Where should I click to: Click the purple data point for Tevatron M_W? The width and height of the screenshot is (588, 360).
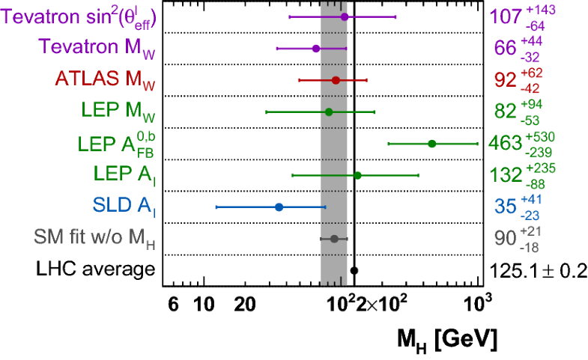(315, 49)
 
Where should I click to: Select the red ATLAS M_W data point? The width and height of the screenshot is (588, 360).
(336, 80)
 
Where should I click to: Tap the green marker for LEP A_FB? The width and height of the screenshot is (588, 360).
(431, 144)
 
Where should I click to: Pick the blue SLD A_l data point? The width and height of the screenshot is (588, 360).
(279, 207)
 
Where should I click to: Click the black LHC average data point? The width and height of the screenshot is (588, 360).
(354, 270)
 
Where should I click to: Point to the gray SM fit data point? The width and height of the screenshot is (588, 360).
(334, 239)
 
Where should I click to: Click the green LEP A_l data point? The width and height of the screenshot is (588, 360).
(357, 175)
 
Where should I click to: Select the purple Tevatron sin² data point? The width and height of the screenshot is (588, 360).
(345, 16)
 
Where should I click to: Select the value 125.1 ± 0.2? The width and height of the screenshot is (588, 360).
(537, 270)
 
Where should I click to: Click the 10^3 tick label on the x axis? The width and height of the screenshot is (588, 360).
(477, 302)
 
